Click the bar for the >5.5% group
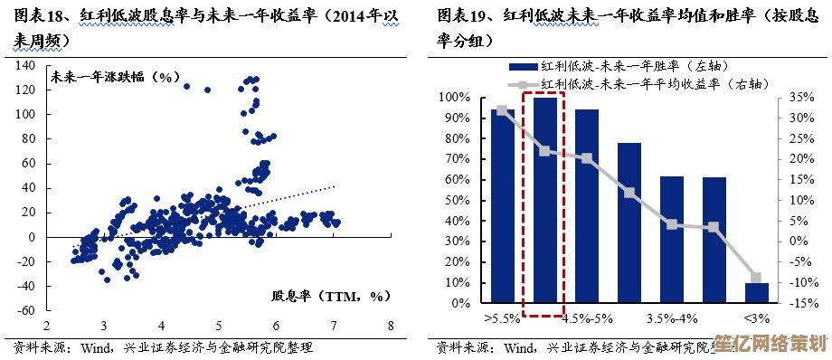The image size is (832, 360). coord(502,206)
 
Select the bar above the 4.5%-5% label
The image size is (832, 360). coord(587,206)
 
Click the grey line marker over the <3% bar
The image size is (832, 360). coord(756,278)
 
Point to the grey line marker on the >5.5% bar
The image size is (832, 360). coord(502,110)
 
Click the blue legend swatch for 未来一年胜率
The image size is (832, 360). coord(523,67)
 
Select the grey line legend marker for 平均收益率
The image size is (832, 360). coord(523,83)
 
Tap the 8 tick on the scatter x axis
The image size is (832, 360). coord(391,326)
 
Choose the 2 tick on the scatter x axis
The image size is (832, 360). coord(45,326)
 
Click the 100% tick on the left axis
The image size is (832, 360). coord(456,97)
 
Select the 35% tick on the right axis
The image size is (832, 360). coord(801,97)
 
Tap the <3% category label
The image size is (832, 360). coord(757,318)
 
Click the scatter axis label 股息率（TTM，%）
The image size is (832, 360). coord(329,296)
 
